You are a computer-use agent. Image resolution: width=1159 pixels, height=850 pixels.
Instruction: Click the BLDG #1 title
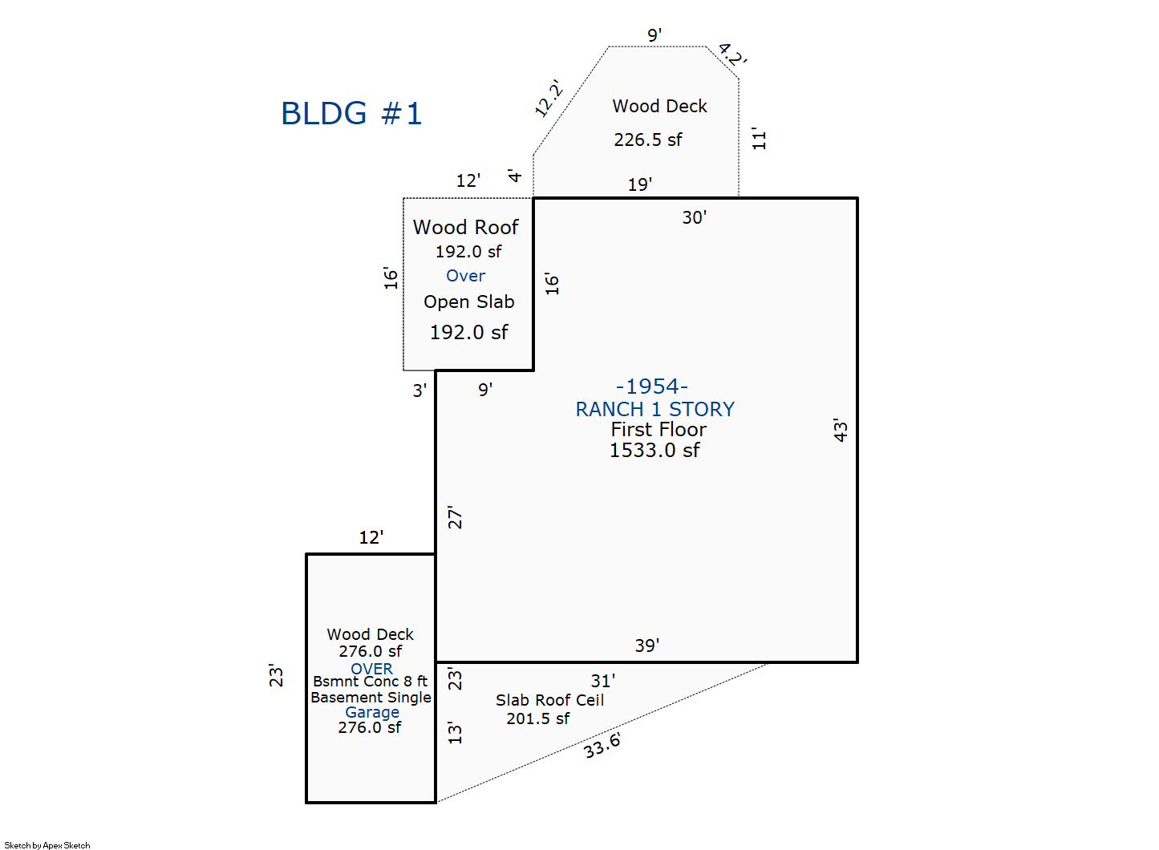(351, 114)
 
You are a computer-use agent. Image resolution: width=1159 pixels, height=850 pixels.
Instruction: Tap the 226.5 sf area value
(647, 140)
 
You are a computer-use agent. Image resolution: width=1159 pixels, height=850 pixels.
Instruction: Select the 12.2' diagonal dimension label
(549, 98)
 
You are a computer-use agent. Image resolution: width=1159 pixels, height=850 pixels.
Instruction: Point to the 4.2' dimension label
(732, 55)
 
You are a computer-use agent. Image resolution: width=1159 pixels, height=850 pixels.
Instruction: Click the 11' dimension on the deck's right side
(759, 139)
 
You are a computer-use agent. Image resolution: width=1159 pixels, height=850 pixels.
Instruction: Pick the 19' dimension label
(639, 184)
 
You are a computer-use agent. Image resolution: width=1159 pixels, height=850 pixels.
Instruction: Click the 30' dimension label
(694, 217)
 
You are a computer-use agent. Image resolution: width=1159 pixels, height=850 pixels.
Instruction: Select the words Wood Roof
(465, 228)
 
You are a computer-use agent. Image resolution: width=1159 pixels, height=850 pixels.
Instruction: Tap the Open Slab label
(468, 302)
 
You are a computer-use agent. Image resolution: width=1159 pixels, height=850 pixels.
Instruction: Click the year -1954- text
(651, 387)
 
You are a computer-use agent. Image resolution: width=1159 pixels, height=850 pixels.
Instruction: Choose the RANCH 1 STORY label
(654, 410)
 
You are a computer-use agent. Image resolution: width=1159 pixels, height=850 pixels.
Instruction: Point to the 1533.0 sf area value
(654, 451)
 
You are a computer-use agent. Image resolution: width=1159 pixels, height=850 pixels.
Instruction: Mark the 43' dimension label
(840, 430)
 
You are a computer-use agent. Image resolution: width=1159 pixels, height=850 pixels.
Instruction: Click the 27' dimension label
(455, 517)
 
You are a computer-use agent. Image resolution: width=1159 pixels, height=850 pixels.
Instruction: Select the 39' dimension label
(646, 646)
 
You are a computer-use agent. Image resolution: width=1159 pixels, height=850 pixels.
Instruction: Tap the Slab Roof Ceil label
(549, 700)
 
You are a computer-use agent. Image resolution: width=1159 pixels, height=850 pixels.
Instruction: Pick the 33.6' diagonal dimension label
(602, 746)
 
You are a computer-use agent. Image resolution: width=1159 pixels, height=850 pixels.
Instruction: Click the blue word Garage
(371, 712)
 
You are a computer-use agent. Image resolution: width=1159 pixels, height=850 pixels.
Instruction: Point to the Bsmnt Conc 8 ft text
(370, 682)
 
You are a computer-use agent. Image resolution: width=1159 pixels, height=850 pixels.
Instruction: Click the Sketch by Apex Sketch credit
(47, 845)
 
